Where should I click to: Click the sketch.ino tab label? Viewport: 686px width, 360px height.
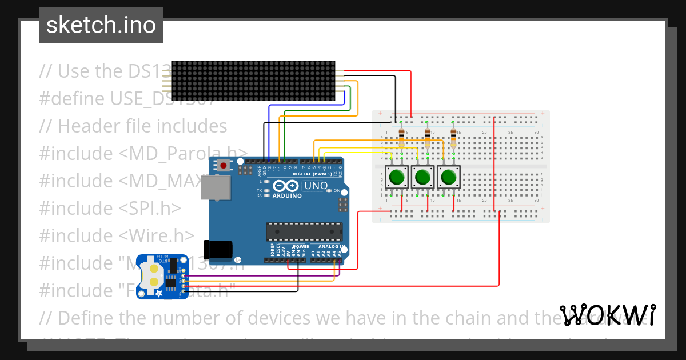[101, 25]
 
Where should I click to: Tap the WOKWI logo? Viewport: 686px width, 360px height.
[608, 315]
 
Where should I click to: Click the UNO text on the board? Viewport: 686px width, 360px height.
[315, 186]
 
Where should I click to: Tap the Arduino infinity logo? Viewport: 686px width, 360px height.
[285, 186]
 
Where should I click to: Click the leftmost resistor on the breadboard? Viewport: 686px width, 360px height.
[401, 138]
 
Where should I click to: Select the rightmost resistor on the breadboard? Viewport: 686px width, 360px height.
[453, 138]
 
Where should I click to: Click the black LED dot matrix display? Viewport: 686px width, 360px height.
[253, 82]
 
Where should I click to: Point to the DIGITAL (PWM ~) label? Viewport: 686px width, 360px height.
[315, 173]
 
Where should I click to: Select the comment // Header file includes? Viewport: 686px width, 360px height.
[133, 126]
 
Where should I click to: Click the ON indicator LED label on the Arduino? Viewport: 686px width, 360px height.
[337, 191]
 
